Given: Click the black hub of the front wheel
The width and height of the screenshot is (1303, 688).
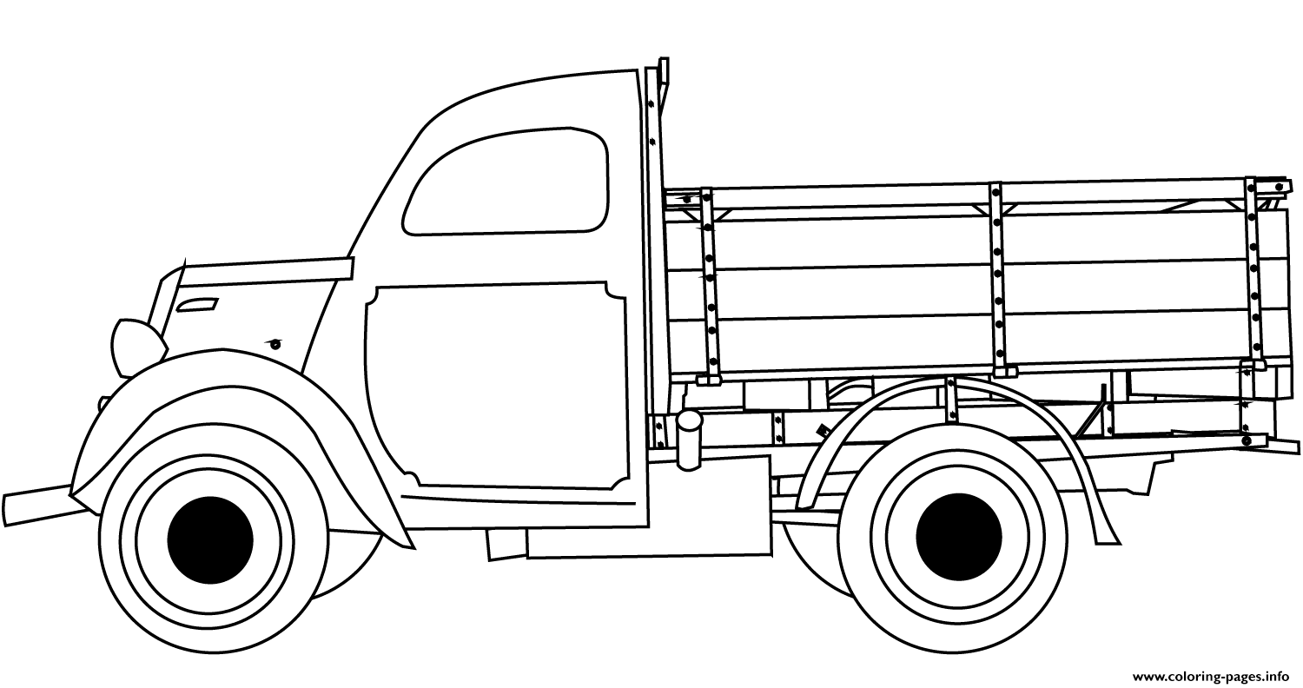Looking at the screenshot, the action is pos(210,539).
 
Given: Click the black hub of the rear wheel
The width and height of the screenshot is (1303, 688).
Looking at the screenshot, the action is pos(959,537).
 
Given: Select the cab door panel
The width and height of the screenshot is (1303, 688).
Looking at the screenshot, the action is pos(498,387).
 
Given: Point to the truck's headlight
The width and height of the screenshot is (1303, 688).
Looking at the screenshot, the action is pos(137,347).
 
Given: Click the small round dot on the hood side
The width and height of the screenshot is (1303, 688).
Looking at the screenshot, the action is pos(275,345).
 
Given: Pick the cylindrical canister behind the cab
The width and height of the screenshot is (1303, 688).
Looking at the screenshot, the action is pos(689,440).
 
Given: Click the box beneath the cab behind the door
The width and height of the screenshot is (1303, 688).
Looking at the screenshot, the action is pos(649,505).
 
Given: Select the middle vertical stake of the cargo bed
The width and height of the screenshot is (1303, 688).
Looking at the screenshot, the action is pos(998,279).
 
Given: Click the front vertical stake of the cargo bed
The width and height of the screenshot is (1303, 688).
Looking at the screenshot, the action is pos(709,285).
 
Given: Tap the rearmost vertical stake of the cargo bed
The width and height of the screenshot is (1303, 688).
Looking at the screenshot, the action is pos(1253,274).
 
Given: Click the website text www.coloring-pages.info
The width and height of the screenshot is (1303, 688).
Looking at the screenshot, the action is pos(1211,677).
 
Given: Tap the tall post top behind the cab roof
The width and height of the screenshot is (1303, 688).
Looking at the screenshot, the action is pos(663,73).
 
